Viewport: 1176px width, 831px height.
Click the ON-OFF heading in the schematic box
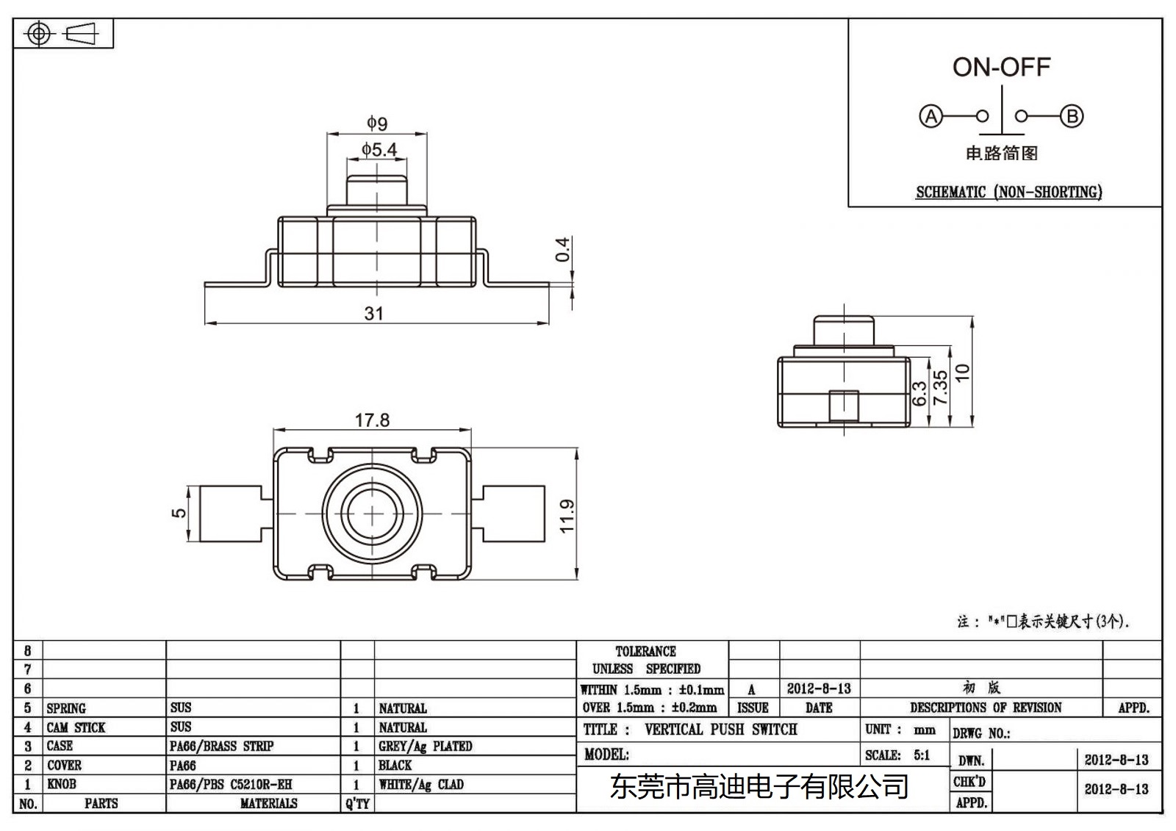point(1001,67)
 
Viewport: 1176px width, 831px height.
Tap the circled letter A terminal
point(931,116)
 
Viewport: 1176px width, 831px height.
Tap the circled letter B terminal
point(1072,116)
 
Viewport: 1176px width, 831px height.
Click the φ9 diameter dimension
point(377,123)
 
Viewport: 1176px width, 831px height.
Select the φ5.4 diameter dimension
point(379,150)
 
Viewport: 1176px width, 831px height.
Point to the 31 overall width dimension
point(374,314)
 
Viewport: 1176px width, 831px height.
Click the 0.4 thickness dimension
point(562,249)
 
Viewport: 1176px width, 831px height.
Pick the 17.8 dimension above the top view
point(372,420)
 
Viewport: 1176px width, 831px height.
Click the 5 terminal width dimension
point(179,512)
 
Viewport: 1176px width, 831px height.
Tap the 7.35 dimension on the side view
point(941,387)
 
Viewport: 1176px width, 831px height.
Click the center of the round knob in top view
point(373,512)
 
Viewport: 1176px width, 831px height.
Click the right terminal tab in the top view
point(514,514)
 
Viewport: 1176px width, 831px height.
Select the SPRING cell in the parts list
point(66,708)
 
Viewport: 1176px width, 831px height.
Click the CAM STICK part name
point(76,727)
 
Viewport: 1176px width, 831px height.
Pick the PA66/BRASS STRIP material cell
point(221,746)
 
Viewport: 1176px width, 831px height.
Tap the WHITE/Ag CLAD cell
point(420,784)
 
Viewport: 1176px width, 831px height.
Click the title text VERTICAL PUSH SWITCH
point(720,730)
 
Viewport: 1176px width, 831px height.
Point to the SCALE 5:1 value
point(920,755)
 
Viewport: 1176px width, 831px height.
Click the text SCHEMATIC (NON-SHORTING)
point(1008,193)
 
